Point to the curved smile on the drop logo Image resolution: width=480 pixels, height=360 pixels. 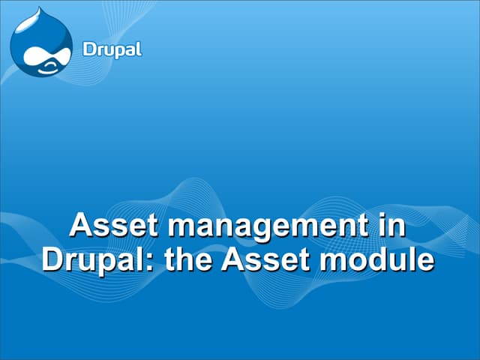(46, 67)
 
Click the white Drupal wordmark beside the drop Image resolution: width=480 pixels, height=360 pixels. (111, 51)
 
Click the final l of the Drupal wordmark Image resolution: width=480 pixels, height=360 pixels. (139, 49)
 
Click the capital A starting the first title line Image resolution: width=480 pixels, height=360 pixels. (80, 225)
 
